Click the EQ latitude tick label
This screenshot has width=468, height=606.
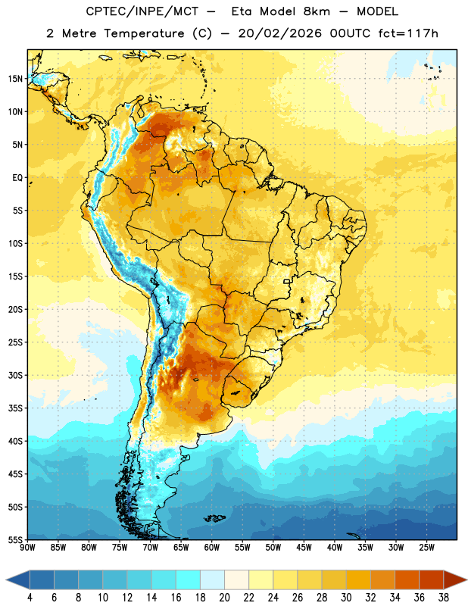pyautogui.click(x=17, y=178)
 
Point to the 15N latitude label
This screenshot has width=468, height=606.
pyautogui.click(x=15, y=79)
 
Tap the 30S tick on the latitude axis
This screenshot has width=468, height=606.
pyautogui.click(x=15, y=375)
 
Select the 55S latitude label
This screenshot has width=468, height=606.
pyautogui.click(x=15, y=539)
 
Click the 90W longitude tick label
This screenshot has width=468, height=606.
pyautogui.click(x=27, y=548)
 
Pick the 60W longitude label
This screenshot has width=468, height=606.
pyautogui.click(x=212, y=548)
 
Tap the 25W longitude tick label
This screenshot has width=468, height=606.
pyautogui.click(x=426, y=548)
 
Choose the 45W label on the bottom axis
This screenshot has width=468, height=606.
pyautogui.click(x=304, y=548)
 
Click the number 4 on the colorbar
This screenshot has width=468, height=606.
pyautogui.click(x=30, y=598)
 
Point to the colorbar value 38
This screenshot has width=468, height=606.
pyautogui.click(x=444, y=598)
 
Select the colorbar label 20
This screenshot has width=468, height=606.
pyautogui.click(x=224, y=598)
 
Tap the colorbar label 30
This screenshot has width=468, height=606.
pyautogui.click(x=346, y=598)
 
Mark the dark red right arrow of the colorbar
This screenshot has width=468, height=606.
pyautogui.click(x=454, y=579)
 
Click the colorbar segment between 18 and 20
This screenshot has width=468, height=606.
pyautogui.click(x=212, y=579)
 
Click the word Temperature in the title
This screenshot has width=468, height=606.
pyautogui.click(x=144, y=33)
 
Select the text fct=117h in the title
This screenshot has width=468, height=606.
pyautogui.click(x=408, y=33)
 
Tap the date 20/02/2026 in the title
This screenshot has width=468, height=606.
pyautogui.click(x=279, y=33)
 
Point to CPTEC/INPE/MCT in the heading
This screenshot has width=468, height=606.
pyautogui.click(x=142, y=11)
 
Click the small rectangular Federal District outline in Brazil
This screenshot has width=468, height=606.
pyautogui.click(x=287, y=281)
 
